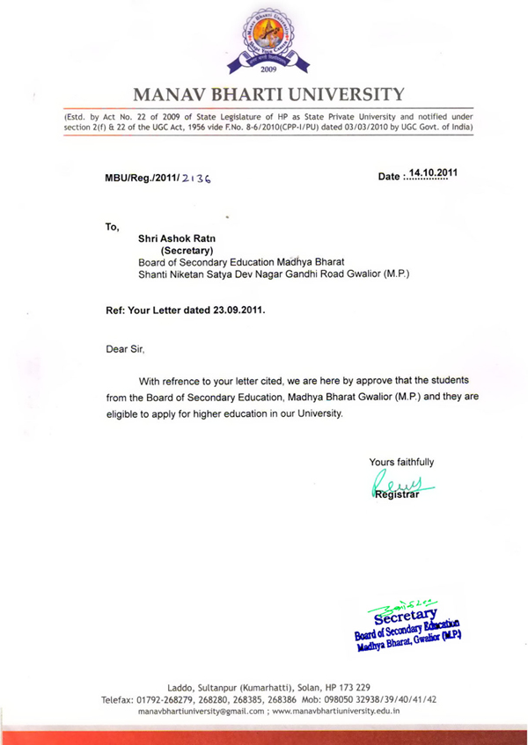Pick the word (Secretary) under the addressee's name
[177, 250]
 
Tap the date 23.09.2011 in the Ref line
[234, 310]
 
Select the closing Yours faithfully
[401, 463]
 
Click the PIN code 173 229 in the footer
[363, 686]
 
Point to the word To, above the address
[112, 226]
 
